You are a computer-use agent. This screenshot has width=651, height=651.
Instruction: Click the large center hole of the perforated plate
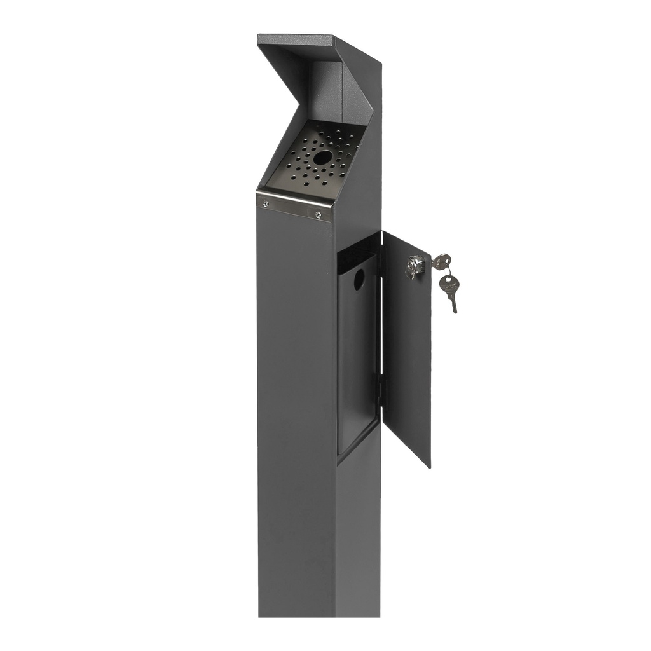click(322, 158)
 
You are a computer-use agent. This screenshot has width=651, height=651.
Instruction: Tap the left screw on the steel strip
click(266, 203)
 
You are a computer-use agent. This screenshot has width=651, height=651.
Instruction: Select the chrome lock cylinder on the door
click(415, 265)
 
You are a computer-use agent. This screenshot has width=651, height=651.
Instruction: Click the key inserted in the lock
click(440, 261)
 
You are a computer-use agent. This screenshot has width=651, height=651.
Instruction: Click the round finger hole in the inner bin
click(359, 279)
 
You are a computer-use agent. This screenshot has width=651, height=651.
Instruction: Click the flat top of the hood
click(299, 39)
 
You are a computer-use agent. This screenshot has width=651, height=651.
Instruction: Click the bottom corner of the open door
click(429, 466)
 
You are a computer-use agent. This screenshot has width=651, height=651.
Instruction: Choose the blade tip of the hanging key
click(455, 311)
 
